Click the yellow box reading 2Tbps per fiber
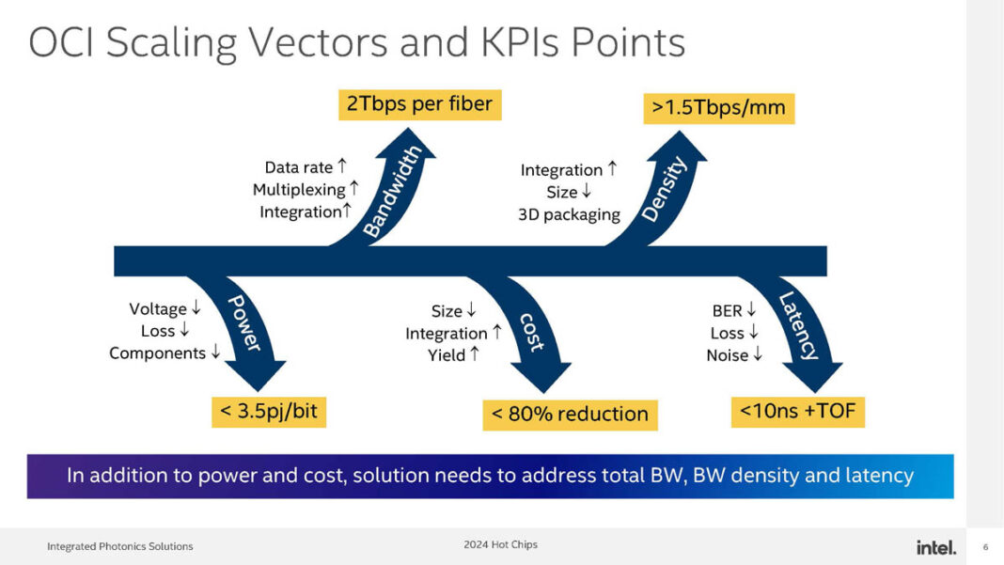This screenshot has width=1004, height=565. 419,103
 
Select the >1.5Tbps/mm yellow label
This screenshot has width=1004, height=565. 718,107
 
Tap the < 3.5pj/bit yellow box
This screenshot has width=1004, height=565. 269,411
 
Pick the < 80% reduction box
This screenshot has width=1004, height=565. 570,414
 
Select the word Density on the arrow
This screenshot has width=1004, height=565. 665,190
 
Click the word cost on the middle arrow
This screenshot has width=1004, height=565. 531,331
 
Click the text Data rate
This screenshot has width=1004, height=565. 299,167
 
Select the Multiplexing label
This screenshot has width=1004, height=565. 299,190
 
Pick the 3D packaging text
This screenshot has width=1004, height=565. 569,214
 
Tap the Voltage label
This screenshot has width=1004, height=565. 157,308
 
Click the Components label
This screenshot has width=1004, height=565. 157,353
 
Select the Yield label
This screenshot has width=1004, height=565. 447,355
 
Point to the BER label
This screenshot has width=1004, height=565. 727,310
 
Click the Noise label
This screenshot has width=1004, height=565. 728,355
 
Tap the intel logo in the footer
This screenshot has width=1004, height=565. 935,547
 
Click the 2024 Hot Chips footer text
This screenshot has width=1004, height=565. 500,544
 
